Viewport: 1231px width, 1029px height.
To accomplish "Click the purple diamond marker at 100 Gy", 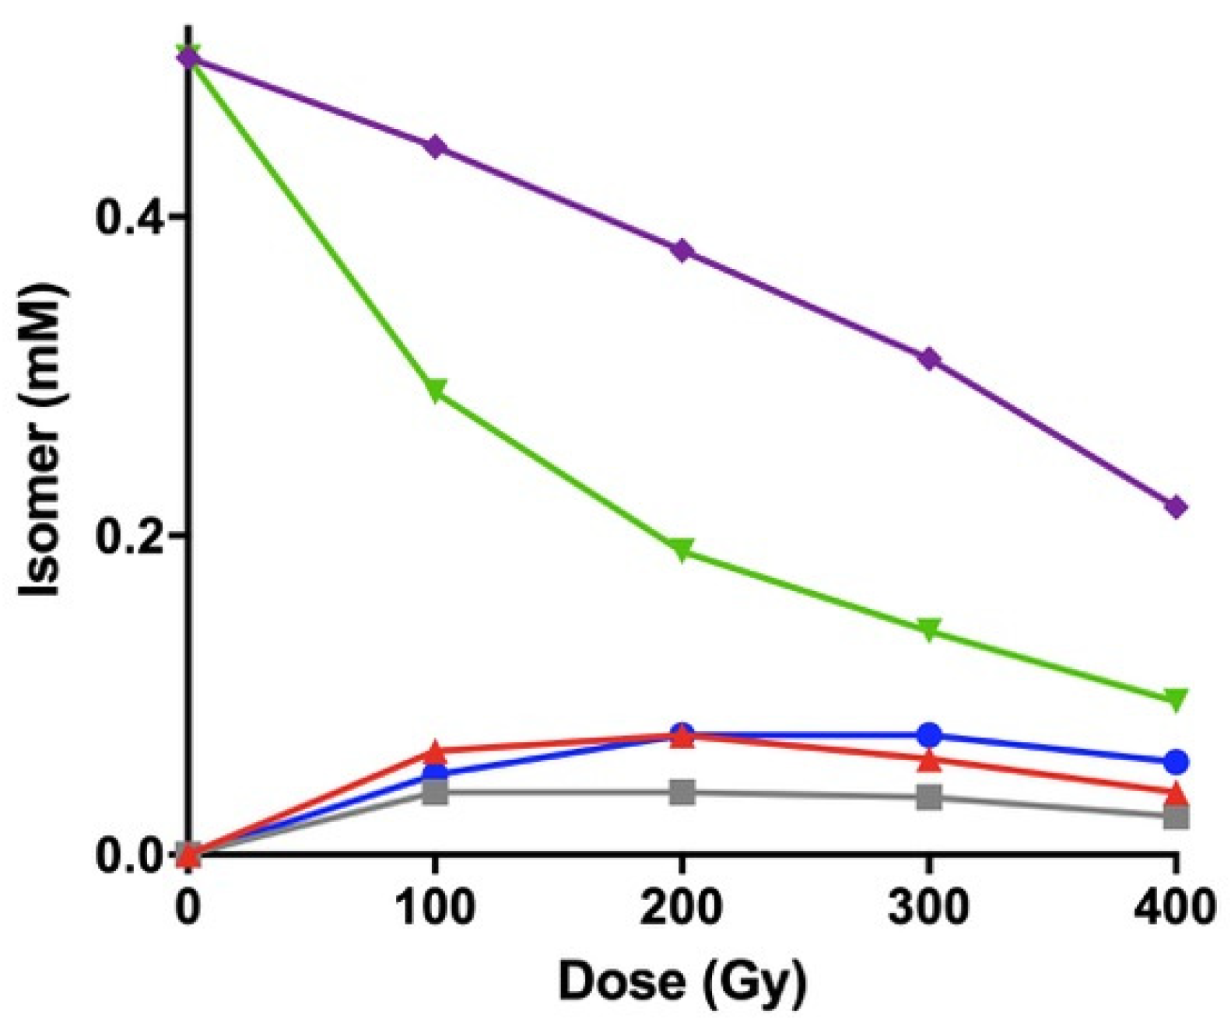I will click(436, 146).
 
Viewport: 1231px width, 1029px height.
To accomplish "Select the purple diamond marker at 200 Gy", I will click(682, 250).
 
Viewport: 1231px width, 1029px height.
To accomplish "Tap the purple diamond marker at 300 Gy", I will click(929, 359).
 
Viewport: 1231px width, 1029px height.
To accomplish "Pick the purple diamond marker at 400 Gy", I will click(1176, 507).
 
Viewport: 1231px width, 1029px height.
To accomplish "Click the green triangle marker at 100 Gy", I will click(436, 390).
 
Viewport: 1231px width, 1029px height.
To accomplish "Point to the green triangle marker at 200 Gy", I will click(682, 549).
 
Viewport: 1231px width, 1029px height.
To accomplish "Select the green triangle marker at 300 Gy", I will click(929, 628).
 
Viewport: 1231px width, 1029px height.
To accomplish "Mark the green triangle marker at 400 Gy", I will click(1176, 698).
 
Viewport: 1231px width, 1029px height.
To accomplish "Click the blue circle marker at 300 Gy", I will click(929, 734).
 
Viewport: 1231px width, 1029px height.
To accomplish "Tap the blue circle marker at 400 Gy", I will click(1176, 761).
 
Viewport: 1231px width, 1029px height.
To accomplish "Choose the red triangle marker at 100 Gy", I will click(436, 752).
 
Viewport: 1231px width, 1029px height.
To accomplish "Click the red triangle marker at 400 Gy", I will click(1176, 794).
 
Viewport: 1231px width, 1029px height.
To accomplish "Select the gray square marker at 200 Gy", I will click(682, 793).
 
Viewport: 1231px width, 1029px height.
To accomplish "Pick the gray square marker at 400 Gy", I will click(1176, 817).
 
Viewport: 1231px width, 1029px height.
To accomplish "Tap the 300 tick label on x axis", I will click(928, 907).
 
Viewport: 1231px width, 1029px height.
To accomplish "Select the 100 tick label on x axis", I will click(436, 907).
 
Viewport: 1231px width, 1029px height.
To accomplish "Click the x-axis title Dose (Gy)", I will click(682, 982).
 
